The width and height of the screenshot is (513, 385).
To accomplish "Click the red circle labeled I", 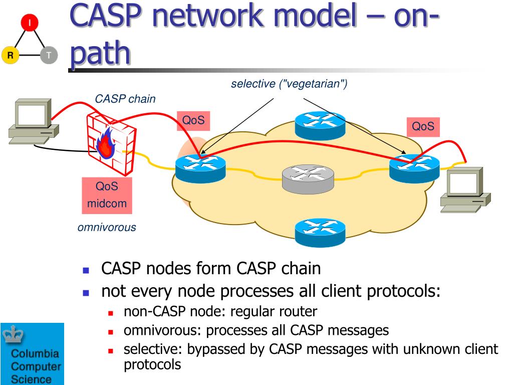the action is point(30,23).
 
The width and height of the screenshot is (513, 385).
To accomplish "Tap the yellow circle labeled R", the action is point(11,55).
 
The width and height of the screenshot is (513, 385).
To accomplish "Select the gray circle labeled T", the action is point(49,55).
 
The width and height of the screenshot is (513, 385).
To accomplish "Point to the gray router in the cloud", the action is point(308,179).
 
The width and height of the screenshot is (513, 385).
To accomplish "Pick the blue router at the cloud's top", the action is point(320,125).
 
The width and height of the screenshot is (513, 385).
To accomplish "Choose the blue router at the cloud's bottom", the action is point(320,233).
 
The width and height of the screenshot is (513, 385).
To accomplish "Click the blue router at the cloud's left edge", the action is point(200,168).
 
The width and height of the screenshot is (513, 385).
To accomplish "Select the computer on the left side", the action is point(34,121).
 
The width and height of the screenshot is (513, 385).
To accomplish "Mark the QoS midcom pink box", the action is point(107,196).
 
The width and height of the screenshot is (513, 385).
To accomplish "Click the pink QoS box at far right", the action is point(423,127).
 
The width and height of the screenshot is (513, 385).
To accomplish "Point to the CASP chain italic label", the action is point(125,99).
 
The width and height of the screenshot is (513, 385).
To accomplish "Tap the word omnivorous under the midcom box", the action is point(107,227).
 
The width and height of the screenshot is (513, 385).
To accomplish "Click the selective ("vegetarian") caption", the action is point(289,84).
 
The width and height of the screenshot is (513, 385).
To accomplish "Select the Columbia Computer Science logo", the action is point(32,354).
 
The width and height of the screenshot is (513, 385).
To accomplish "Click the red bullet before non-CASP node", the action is point(111,313).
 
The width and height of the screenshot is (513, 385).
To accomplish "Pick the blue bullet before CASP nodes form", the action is point(86,270).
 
